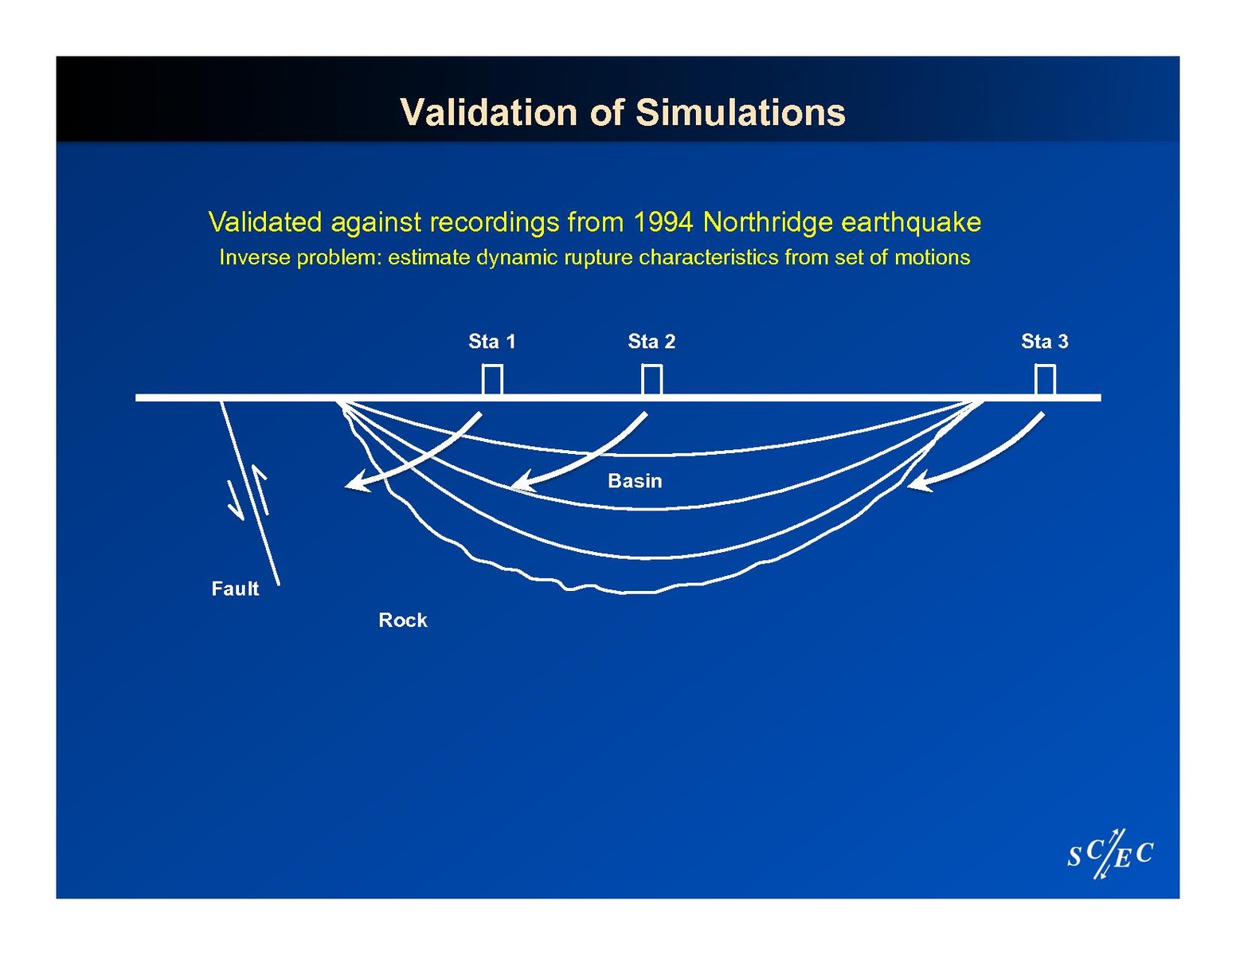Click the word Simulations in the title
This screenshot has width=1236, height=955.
(x=740, y=112)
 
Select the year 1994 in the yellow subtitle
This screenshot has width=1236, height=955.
(x=663, y=222)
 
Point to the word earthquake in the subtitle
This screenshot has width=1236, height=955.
(x=910, y=222)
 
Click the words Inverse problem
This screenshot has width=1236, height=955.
(x=299, y=257)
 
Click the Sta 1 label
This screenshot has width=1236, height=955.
(x=491, y=341)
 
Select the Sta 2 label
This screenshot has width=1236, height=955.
(x=651, y=341)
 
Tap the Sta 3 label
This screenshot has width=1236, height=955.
(x=1044, y=341)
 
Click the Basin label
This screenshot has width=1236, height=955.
(x=635, y=481)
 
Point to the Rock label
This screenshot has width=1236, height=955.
(x=403, y=620)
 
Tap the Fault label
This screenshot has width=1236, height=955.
(x=235, y=589)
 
